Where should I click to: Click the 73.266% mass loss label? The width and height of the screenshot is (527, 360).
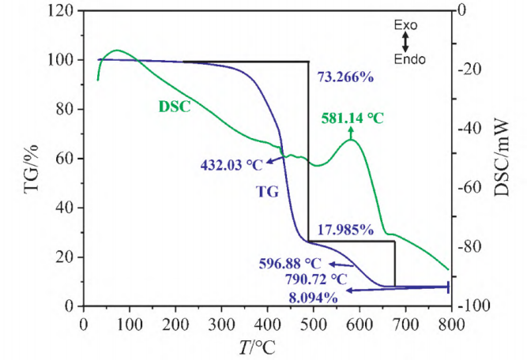345,77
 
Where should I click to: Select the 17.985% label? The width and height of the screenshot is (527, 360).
345,231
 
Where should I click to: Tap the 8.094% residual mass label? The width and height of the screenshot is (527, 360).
311,298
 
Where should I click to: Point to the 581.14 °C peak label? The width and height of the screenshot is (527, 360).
352,118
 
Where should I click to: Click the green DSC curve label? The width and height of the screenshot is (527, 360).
175,105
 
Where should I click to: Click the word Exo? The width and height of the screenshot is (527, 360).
405,25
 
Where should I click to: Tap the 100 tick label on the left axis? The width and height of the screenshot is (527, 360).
62,60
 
